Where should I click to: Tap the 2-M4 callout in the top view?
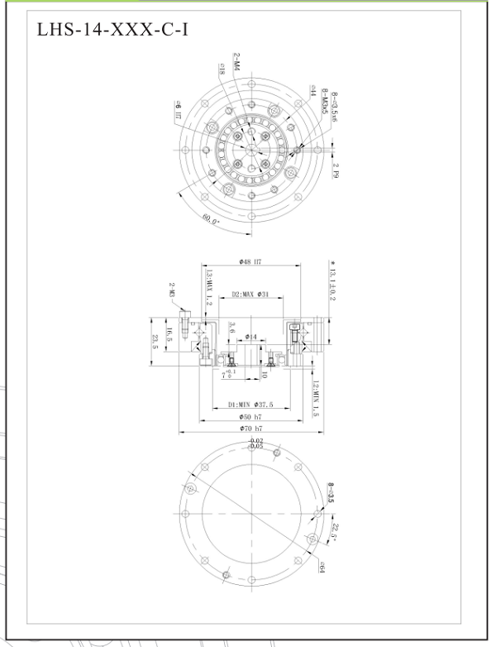point(236,65)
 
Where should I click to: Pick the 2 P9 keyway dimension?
point(336,170)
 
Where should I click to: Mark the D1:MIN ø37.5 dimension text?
point(250,405)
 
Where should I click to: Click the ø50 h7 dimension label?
point(250,417)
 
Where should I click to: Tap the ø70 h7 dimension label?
point(250,429)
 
